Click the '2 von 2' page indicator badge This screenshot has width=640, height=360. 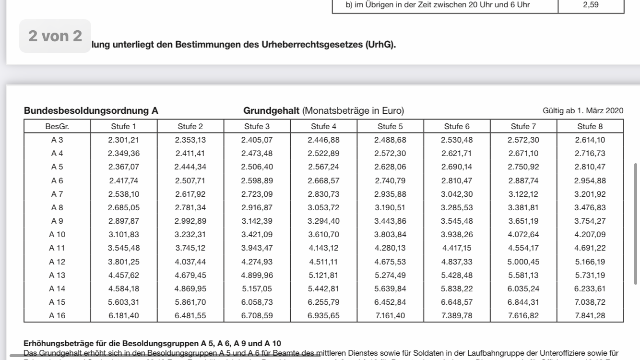(x=55, y=36)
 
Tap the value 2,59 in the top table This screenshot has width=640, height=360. (x=591, y=5)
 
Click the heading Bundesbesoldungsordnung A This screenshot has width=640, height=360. (x=91, y=111)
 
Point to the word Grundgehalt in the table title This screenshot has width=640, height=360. (x=272, y=111)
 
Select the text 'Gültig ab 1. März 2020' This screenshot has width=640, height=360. (x=583, y=111)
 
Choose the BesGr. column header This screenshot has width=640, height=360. (x=57, y=127)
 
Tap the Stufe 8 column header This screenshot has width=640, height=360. (x=590, y=127)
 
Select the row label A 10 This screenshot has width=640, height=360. (x=57, y=235)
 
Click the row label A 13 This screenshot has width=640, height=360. (x=57, y=275)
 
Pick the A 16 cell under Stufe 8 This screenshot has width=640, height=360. (x=590, y=315)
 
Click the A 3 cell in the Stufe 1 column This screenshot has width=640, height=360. (x=123, y=140)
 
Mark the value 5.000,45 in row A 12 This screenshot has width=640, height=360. (x=523, y=262)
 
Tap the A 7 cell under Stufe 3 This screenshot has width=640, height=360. (x=257, y=194)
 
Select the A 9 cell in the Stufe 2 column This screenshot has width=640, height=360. (x=190, y=221)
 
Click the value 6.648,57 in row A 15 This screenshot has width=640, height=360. (x=456, y=302)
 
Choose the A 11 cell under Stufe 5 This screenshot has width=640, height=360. (x=390, y=248)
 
